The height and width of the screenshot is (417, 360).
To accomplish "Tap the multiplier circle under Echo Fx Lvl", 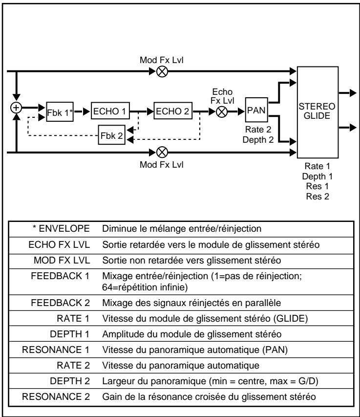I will (x=221, y=111).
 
